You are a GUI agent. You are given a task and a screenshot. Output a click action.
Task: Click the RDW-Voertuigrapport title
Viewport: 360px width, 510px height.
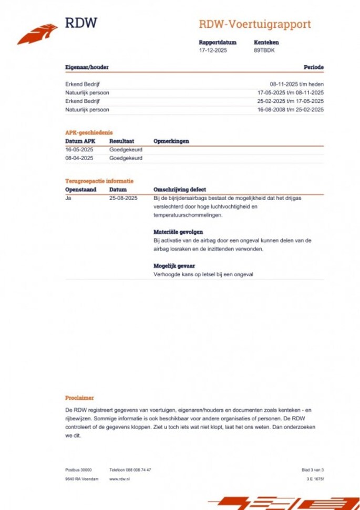[x=254, y=24]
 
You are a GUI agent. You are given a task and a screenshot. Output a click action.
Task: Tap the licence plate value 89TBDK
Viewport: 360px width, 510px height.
[x=264, y=50]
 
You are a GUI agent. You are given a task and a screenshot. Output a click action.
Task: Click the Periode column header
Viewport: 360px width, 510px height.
[x=313, y=67]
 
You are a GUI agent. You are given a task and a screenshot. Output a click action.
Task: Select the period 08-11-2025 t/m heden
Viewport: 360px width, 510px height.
[x=296, y=84]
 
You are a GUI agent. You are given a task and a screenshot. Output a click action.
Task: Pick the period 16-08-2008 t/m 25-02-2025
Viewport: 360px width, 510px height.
[x=290, y=109]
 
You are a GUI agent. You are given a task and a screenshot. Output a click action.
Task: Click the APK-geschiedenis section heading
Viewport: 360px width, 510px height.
[x=89, y=132]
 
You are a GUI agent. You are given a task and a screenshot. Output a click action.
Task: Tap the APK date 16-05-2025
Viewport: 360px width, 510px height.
[x=79, y=150]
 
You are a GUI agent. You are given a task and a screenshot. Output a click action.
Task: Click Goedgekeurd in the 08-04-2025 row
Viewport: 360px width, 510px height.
[x=126, y=158]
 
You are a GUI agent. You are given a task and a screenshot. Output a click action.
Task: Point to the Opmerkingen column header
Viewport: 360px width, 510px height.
[x=171, y=141]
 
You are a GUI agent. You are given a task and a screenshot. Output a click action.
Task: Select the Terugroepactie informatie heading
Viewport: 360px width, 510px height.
[x=99, y=181]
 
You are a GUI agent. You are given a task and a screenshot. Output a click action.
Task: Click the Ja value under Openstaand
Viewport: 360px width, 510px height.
[x=68, y=198]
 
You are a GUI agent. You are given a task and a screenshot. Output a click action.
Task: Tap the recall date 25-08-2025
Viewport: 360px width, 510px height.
[x=123, y=198]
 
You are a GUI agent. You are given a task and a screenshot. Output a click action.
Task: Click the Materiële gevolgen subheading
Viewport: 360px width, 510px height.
[x=178, y=232]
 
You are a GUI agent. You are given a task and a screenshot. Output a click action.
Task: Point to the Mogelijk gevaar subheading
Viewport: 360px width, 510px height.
[x=174, y=266]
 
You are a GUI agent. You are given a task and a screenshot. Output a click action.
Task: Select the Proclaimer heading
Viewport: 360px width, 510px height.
[x=79, y=398]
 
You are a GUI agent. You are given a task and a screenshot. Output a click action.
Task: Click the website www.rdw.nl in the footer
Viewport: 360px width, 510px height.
[x=119, y=479]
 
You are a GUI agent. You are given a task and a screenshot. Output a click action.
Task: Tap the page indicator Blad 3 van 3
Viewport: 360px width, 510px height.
[x=312, y=470]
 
